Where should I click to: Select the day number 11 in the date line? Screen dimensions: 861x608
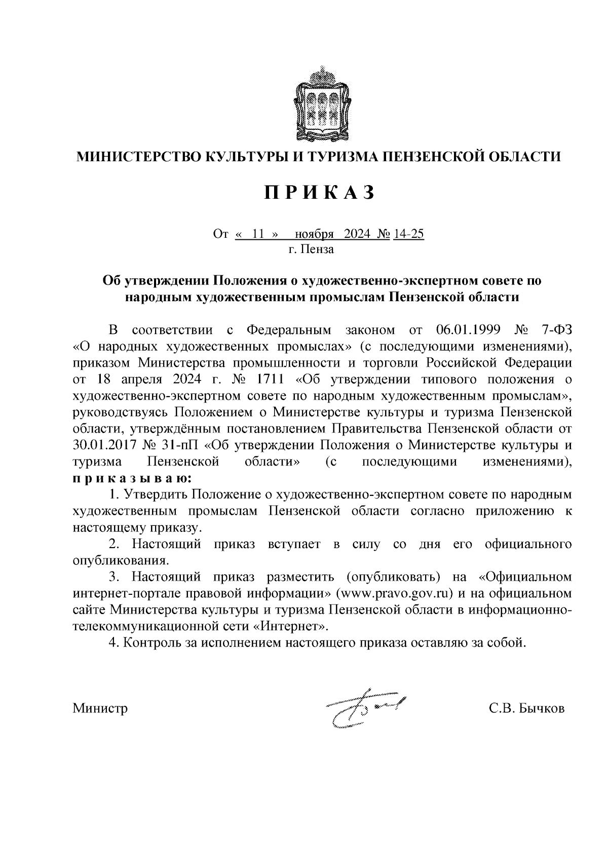tap(258, 234)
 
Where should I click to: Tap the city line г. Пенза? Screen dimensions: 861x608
tap(311, 249)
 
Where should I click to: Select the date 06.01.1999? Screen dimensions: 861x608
tap(468, 331)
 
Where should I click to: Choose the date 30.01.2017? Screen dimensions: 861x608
tap(105, 446)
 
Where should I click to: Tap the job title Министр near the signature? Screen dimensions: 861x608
tap(100, 708)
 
